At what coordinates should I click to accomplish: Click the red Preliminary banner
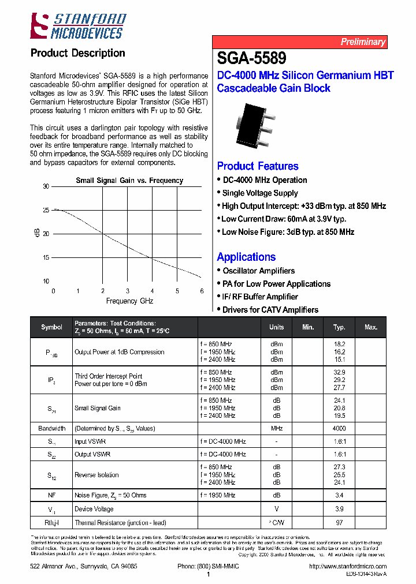click(x=299, y=42)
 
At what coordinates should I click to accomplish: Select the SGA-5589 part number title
click(x=251, y=58)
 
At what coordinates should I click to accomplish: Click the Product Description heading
click(x=77, y=53)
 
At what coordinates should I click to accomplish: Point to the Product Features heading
click(x=258, y=166)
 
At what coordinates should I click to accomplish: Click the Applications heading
click(x=246, y=257)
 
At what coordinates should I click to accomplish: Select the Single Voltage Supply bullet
click(x=259, y=193)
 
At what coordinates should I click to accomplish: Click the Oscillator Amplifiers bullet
click(x=258, y=271)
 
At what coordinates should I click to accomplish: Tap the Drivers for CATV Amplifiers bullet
click(x=270, y=310)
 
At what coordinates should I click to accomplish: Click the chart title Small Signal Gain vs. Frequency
click(x=129, y=181)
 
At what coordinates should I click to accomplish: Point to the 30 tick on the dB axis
click(x=46, y=186)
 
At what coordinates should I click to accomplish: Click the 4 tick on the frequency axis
click(x=153, y=291)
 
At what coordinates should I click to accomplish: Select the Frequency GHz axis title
click(x=129, y=301)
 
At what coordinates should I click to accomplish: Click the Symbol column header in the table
click(x=51, y=327)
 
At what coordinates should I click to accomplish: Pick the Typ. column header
click(x=339, y=327)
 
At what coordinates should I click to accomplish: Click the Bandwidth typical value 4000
click(x=339, y=429)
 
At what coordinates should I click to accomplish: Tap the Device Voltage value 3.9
click(x=339, y=509)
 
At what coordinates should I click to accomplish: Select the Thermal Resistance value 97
click(x=339, y=523)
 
